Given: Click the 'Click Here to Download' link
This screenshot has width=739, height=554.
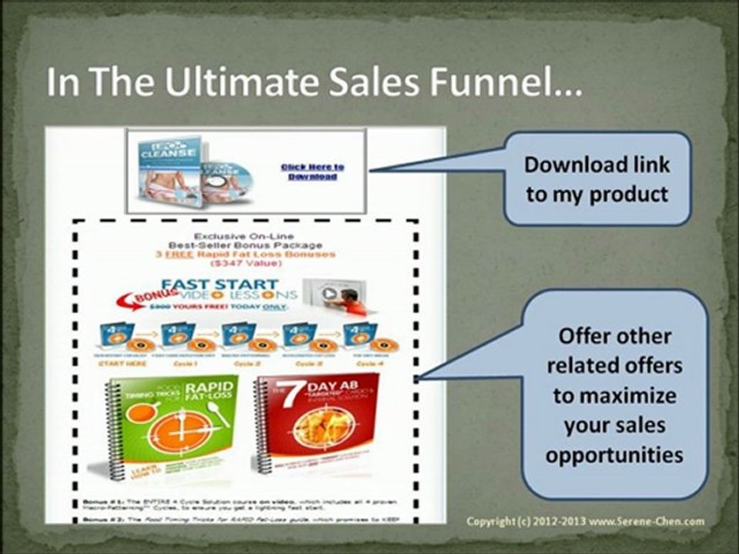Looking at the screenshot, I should [313, 172].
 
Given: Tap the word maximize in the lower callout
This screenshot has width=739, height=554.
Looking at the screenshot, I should [614, 395].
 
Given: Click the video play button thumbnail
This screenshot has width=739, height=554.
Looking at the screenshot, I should [329, 293].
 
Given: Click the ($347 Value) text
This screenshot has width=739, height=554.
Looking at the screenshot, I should [246, 263].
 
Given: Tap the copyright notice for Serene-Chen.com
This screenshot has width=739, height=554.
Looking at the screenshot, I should [585, 522].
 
